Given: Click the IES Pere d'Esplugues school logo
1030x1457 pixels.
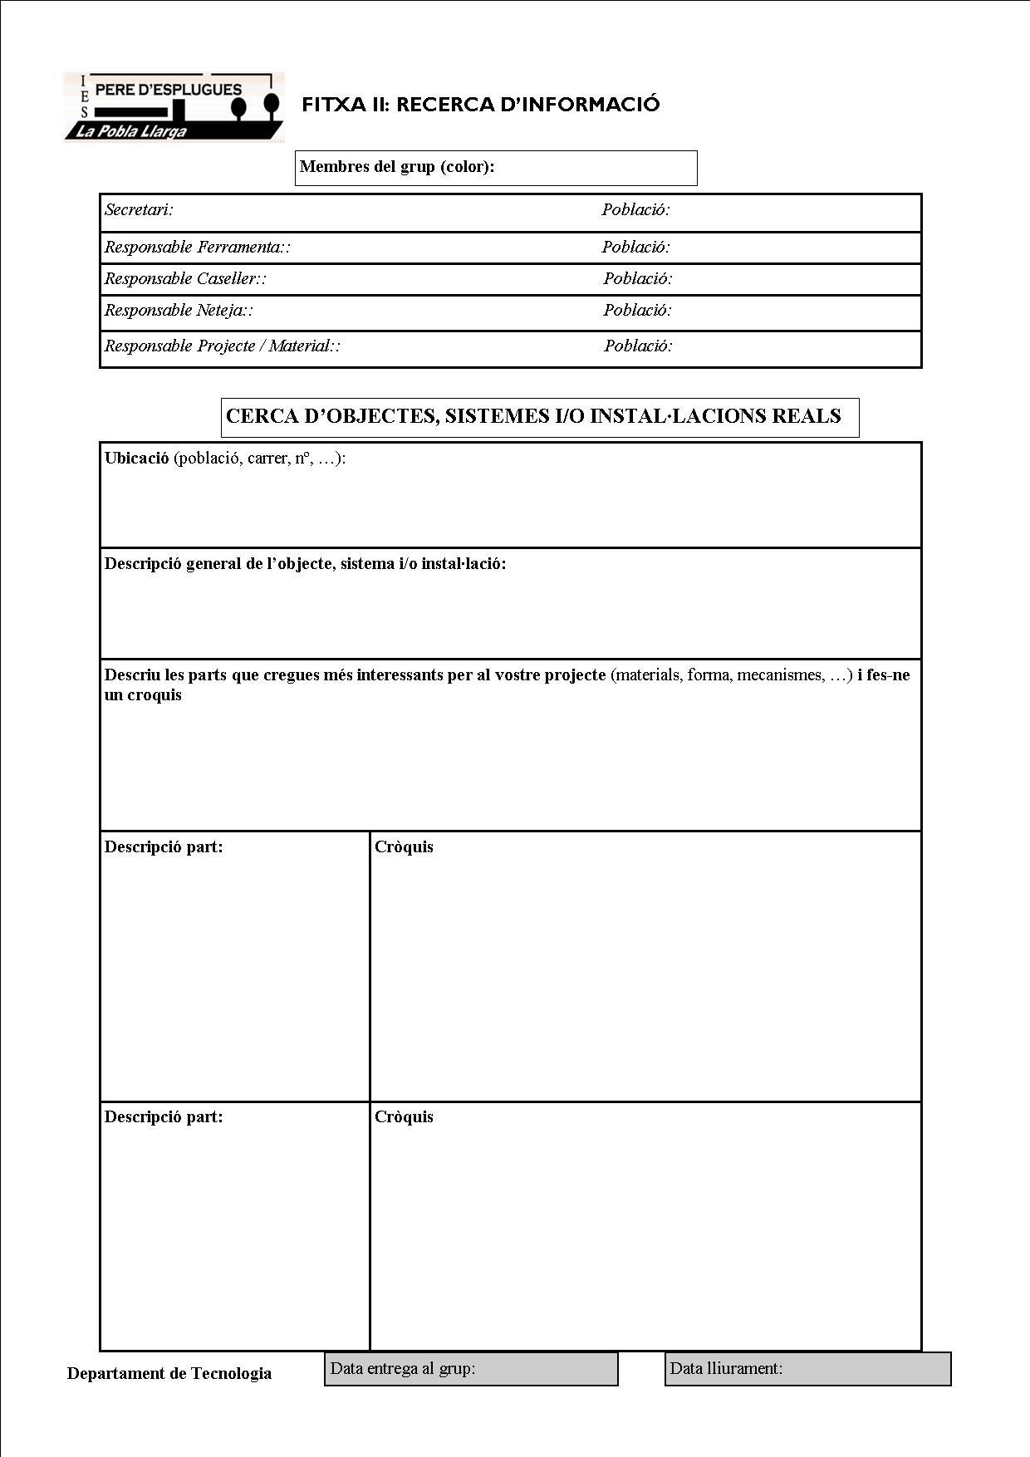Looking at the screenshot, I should [x=174, y=106].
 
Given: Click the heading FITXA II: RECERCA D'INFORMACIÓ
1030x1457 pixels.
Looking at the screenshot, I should [x=480, y=105].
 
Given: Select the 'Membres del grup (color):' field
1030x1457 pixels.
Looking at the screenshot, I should [x=496, y=168].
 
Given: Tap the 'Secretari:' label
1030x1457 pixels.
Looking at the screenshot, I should [x=139, y=210].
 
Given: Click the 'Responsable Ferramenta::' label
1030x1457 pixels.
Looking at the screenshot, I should [x=197, y=248].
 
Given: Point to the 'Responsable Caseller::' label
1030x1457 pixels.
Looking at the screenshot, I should [x=185, y=279].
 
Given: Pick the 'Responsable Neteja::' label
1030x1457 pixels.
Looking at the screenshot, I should [x=179, y=311].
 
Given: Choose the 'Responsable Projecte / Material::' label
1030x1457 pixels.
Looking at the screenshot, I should [x=222, y=346].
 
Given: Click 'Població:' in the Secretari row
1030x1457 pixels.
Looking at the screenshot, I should [x=635, y=210].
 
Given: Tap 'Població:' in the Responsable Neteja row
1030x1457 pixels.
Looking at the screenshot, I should [x=637, y=311].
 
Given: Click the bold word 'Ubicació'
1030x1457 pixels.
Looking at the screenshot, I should [x=136, y=459].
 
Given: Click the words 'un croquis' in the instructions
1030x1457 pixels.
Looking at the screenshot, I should [x=143, y=695].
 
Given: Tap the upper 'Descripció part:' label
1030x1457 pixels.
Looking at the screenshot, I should [x=164, y=847].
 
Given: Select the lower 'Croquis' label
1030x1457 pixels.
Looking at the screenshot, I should [x=404, y=1117].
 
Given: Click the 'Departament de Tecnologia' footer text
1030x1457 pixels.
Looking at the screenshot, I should [x=169, y=1374].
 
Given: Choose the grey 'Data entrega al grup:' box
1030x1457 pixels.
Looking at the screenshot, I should [x=471, y=1369].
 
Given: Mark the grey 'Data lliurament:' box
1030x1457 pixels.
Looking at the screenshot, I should [x=807, y=1369].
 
